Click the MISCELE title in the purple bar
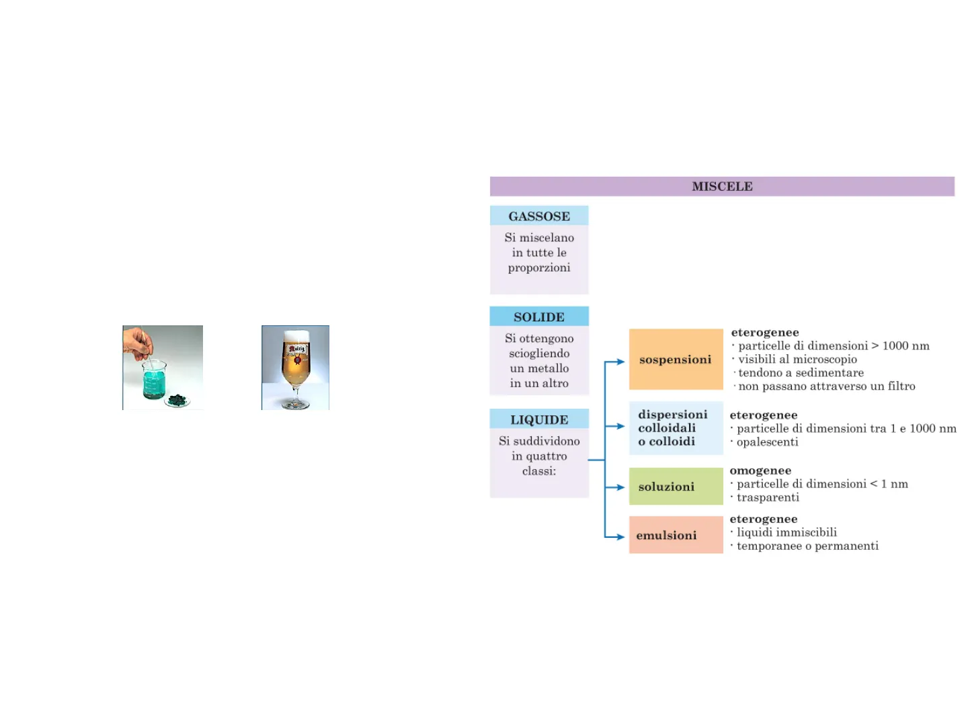(722, 186)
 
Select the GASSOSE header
(539, 216)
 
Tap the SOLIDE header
(539, 317)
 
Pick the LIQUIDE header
(539, 419)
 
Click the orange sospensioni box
(676, 360)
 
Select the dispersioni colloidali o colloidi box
(676, 428)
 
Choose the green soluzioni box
(676, 486)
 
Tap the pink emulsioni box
(676, 535)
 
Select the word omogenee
(760, 471)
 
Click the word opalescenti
(768, 442)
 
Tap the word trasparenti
(768, 497)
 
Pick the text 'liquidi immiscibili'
(787, 532)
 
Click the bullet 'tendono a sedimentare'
(801, 372)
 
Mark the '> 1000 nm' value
(900, 346)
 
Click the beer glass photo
(296, 368)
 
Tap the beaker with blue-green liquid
(154, 380)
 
